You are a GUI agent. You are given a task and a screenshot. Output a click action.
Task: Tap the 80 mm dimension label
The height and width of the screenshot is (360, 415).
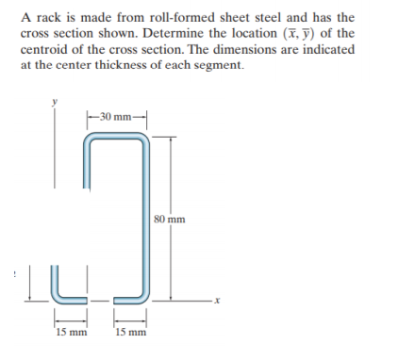point(171,221)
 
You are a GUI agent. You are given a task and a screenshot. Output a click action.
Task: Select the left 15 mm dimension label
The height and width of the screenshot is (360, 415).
point(69,332)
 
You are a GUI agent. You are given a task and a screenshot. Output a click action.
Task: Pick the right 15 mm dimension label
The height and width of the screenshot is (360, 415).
point(129,332)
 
